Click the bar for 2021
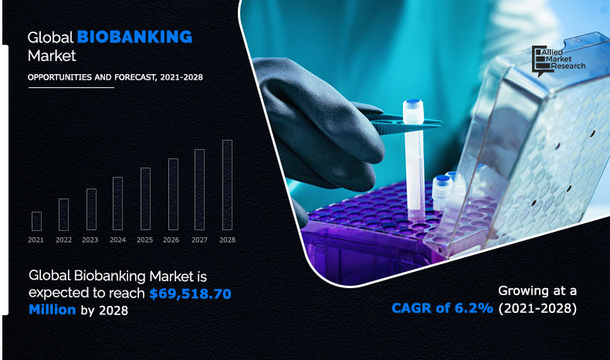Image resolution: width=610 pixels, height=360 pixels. pyautogui.click(x=36, y=221)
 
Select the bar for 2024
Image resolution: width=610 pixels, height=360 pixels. pyautogui.click(x=117, y=204)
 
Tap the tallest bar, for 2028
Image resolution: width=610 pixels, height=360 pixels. pyautogui.click(x=227, y=185)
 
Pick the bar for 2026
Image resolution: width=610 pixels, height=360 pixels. pyautogui.click(x=173, y=195)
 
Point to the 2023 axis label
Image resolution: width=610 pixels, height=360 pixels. pyautogui.click(x=90, y=240)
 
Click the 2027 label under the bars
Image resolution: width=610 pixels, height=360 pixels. pyautogui.click(x=199, y=240)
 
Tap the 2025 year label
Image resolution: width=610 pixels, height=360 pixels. pyautogui.click(x=145, y=240)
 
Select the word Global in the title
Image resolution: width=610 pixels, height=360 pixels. pyautogui.click(x=50, y=37)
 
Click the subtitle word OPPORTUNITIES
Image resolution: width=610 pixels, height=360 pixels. pyautogui.click(x=59, y=77)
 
